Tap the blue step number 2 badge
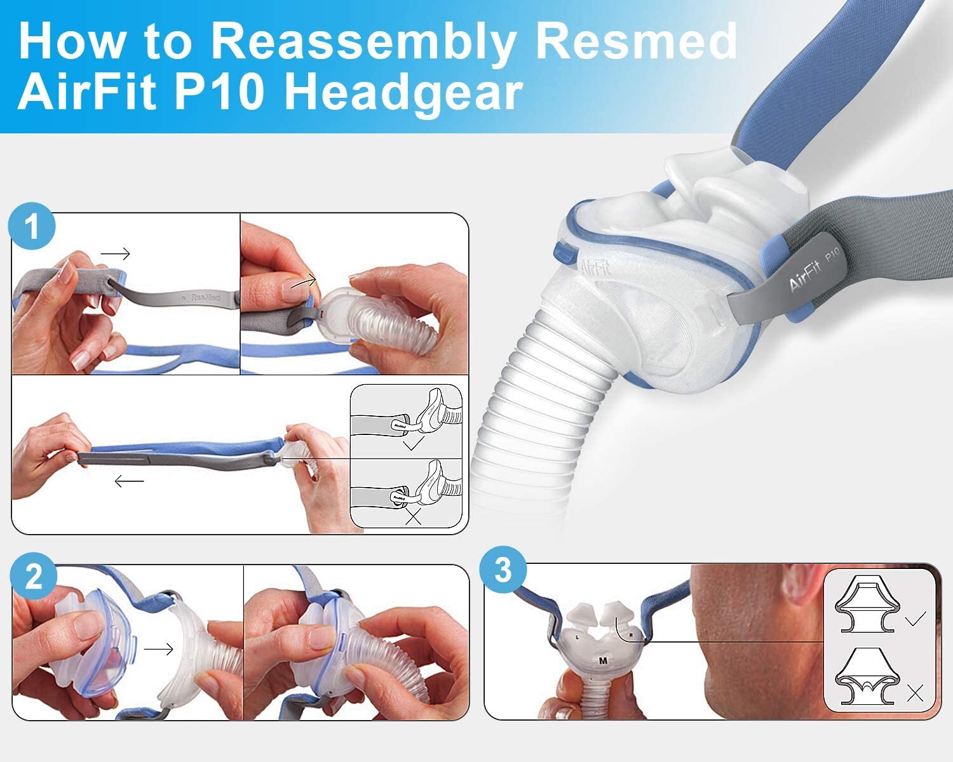[x=33, y=577]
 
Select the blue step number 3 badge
[x=503, y=570]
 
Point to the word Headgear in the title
[x=403, y=93]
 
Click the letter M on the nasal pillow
[x=602, y=661]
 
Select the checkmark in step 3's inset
[x=915, y=618]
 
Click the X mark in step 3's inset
[x=915, y=694]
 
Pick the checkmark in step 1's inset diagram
[x=413, y=444]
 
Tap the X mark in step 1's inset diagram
[x=413, y=517]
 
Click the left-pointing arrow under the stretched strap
[x=129, y=481]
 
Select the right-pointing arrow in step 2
[x=158, y=649]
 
